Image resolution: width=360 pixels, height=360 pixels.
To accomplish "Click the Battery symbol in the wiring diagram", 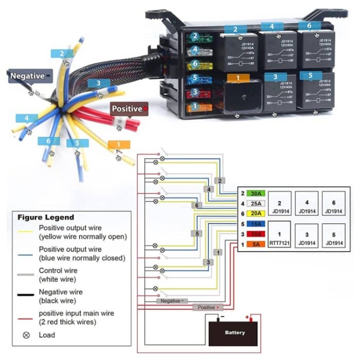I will point(234,332).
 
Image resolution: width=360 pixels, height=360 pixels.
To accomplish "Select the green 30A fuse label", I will point(256,193).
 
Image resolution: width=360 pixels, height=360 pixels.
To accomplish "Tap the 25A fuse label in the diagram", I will point(256,203).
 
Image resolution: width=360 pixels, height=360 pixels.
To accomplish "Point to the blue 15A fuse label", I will point(256,224).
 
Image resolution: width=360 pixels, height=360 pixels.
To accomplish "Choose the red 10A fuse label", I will point(256,234).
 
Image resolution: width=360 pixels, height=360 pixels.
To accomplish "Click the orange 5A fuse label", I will point(256,244).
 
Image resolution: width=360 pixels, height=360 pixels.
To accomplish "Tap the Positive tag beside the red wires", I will point(129,109).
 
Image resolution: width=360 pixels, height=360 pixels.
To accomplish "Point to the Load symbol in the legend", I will point(26,335).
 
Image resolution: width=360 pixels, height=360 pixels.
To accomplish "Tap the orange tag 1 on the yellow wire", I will point(116,145).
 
